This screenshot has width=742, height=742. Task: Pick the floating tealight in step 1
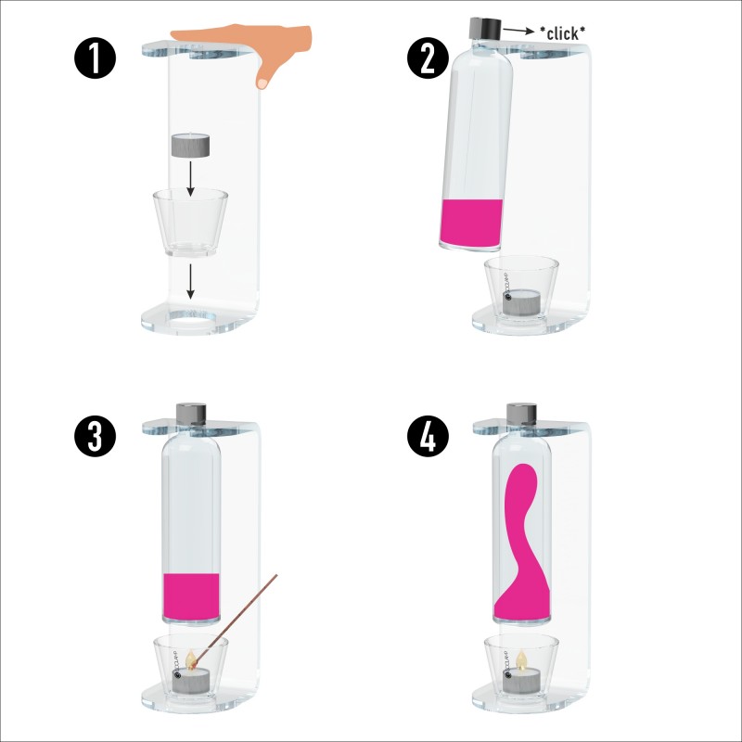(190, 146)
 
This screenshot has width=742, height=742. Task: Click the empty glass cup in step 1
(190, 223)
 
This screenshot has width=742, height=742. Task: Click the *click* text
(561, 32)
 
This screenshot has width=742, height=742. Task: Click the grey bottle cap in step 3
(192, 414)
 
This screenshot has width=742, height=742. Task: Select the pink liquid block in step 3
(191, 596)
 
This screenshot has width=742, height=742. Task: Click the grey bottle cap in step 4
(522, 414)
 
